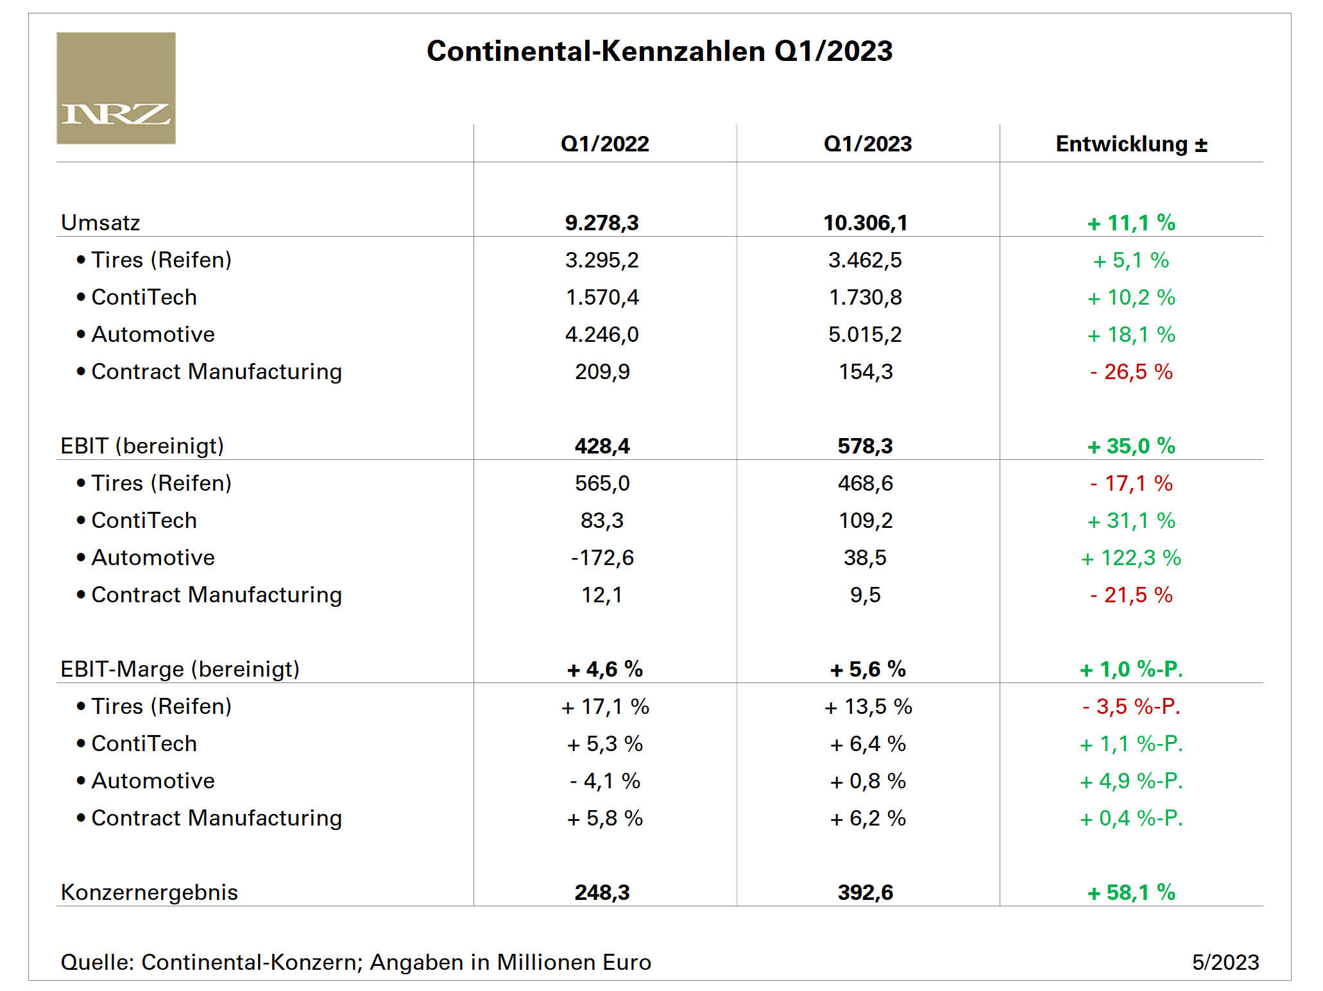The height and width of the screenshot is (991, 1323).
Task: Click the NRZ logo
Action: point(115,88)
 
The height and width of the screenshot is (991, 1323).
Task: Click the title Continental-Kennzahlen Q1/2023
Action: point(659,51)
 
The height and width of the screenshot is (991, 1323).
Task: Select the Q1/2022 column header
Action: point(604,144)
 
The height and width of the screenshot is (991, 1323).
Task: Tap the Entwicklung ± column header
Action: point(1131,144)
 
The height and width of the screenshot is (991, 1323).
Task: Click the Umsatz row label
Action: point(100,223)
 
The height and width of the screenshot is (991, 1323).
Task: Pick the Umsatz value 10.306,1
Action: point(865,223)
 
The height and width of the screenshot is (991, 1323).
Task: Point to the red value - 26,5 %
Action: point(1131,371)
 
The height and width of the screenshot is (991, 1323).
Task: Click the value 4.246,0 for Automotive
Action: point(602,334)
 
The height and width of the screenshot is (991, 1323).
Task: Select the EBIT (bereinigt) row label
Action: point(142,446)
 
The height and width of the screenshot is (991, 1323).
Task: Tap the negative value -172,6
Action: point(602,557)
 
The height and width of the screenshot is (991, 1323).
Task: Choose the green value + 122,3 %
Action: point(1131,557)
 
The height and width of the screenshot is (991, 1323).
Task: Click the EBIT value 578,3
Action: point(865,446)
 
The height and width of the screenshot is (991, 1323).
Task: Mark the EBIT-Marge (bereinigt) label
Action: point(180,669)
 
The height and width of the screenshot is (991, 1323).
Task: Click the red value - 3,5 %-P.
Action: point(1131,706)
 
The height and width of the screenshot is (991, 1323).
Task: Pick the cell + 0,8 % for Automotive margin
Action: point(867,781)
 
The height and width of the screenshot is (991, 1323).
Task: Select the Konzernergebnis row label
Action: point(149,892)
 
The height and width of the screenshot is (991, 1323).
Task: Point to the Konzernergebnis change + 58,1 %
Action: point(1131,892)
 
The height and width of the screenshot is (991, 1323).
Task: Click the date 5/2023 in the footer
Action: point(1225,962)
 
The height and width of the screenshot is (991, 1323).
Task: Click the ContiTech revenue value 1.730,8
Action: point(865,297)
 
